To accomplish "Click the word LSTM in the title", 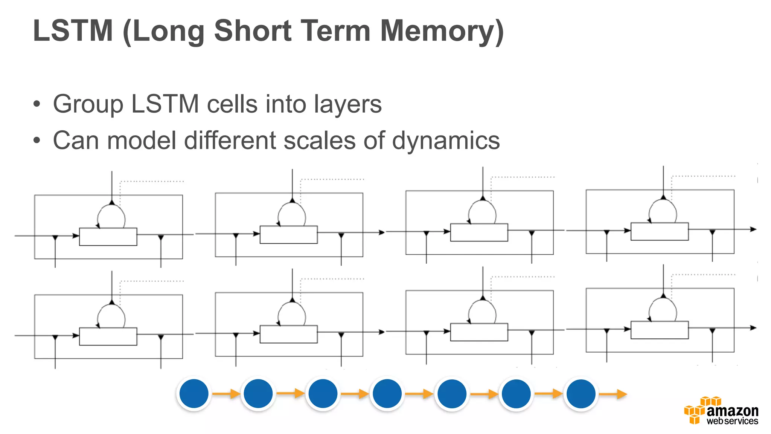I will (x=73, y=31).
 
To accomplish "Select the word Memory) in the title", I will (x=442, y=32).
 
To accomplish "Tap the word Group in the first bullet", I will (x=88, y=104).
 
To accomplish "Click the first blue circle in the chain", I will (x=194, y=394).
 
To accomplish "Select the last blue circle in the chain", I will (x=581, y=394).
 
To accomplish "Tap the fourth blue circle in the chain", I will (x=387, y=394).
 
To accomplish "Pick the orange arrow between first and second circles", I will (x=226, y=394).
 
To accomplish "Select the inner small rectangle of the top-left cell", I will (x=108, y=237).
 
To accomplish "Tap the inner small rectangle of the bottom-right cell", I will (x=660, y=330).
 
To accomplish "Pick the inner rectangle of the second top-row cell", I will (x=289, y=235).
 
